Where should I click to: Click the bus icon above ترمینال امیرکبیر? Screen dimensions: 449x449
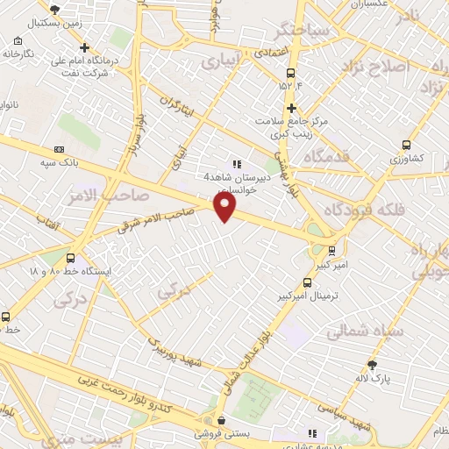click(306, 282)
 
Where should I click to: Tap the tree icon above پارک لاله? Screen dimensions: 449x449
click(373, 364)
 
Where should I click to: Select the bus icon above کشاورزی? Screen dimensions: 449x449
click(405, 145)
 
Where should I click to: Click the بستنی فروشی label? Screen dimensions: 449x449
click(222, 433)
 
